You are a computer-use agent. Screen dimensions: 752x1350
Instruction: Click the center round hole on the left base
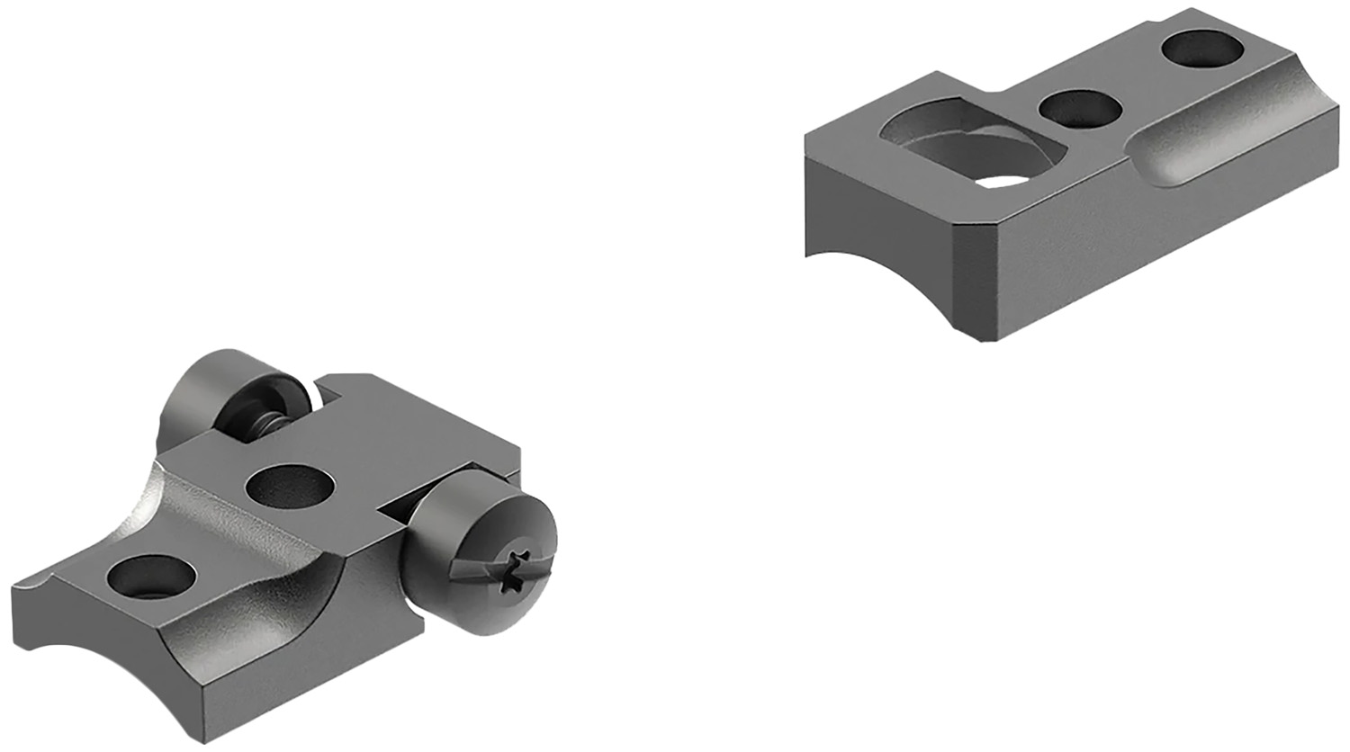coord(289,487)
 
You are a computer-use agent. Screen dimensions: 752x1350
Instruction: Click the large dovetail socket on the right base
coord(963,144)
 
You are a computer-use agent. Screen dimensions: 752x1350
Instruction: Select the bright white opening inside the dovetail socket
coord(1006,181)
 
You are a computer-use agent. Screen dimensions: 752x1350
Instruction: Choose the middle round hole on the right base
coord(1080,109)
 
